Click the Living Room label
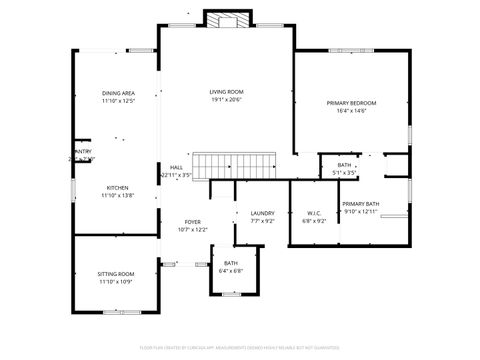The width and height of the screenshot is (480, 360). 226,92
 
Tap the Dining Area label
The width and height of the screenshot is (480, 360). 118,93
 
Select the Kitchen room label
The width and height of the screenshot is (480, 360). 118,187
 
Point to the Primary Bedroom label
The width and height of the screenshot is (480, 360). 352,103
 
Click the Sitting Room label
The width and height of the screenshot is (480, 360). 116,274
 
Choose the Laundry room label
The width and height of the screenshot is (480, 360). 262,213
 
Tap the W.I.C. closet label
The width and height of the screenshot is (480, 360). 313,213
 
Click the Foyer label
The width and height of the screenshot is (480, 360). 193,222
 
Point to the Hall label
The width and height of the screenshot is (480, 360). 176,167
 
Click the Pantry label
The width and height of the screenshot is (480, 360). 82,151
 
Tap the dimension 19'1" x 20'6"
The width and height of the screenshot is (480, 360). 226,100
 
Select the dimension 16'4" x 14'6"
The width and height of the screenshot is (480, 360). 352,111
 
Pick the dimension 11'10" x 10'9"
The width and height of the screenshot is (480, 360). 116,282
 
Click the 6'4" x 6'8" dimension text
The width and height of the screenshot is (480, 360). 230,271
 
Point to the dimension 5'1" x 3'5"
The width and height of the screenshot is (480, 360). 344,173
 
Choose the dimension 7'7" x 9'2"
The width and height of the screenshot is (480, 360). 262,221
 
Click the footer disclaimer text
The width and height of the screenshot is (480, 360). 240,348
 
